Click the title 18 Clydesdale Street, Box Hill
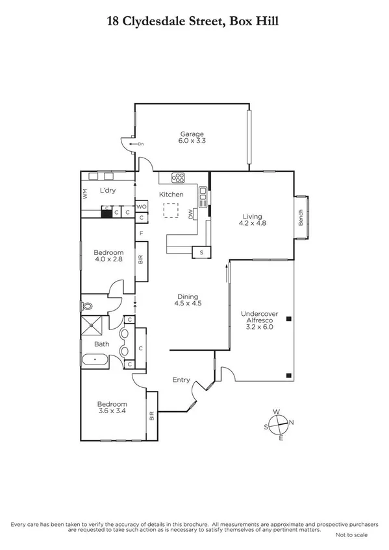[194, 21]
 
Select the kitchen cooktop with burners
[179, 178]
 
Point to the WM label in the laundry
[84, 193]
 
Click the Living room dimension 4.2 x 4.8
[253, 223]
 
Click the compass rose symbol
[279, 424]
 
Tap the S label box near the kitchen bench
[201, 252]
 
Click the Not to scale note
[351, 535]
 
